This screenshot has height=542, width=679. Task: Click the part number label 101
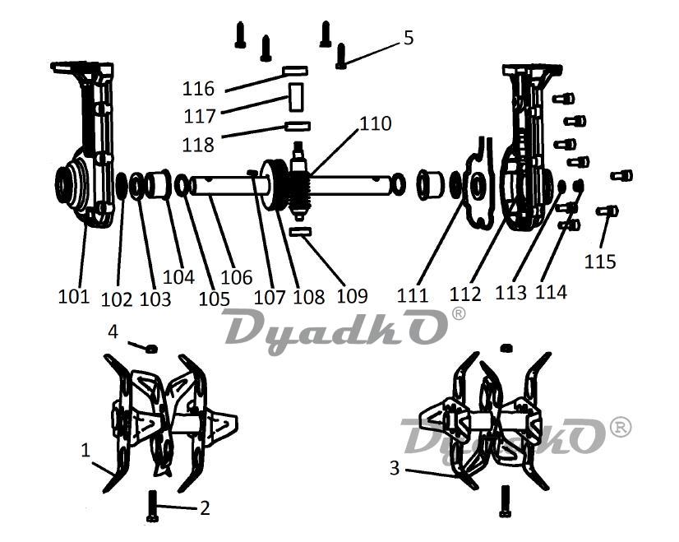74,296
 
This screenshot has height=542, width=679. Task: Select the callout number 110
376,124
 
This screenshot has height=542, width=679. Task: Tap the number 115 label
600,262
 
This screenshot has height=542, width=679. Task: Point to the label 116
198,89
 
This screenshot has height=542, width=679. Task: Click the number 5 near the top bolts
409,38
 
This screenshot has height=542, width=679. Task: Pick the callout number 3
394,468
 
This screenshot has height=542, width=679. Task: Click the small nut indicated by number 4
151,349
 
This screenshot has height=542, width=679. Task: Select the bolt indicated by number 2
152,506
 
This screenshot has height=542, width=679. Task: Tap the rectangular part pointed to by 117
296,97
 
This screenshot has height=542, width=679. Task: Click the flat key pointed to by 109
301,232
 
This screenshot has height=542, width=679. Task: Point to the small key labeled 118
298,126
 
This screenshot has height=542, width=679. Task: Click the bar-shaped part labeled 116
295,70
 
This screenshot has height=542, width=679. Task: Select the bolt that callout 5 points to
341,56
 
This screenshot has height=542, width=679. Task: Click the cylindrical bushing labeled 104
159,183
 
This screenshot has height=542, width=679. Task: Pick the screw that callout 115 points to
607,211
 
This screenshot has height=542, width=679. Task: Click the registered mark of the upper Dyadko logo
458,313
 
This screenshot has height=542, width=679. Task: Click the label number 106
237,277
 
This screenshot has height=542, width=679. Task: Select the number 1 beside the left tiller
85,451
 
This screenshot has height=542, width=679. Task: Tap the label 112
465,294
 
